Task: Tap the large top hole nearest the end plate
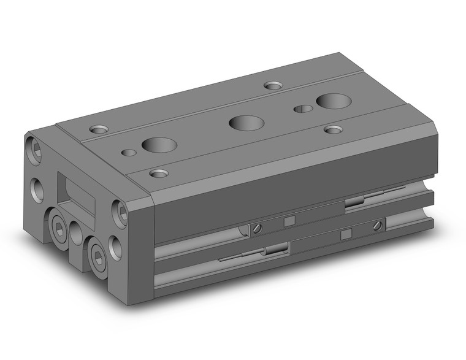(x=159, y=145)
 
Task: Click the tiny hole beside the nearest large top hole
(x=129, y=153)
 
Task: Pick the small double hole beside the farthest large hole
(x=303, y=109)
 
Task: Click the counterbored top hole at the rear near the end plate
(x=98, y=129)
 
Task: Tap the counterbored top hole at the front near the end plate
(x=159, y=174)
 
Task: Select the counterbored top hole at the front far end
(x=333, y=129)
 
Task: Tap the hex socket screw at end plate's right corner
(x=120, y=213)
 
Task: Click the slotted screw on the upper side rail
(x=258, y=229)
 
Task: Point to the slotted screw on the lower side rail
(x=376, y=226)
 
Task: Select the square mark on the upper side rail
(x=291, y=221)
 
